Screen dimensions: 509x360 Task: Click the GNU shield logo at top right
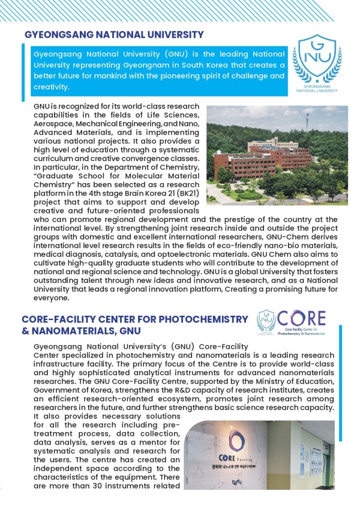(x=314, y=65)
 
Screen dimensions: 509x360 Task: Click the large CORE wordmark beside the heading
(x=302, y=319)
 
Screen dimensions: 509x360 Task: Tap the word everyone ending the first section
(x=53, y=298)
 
